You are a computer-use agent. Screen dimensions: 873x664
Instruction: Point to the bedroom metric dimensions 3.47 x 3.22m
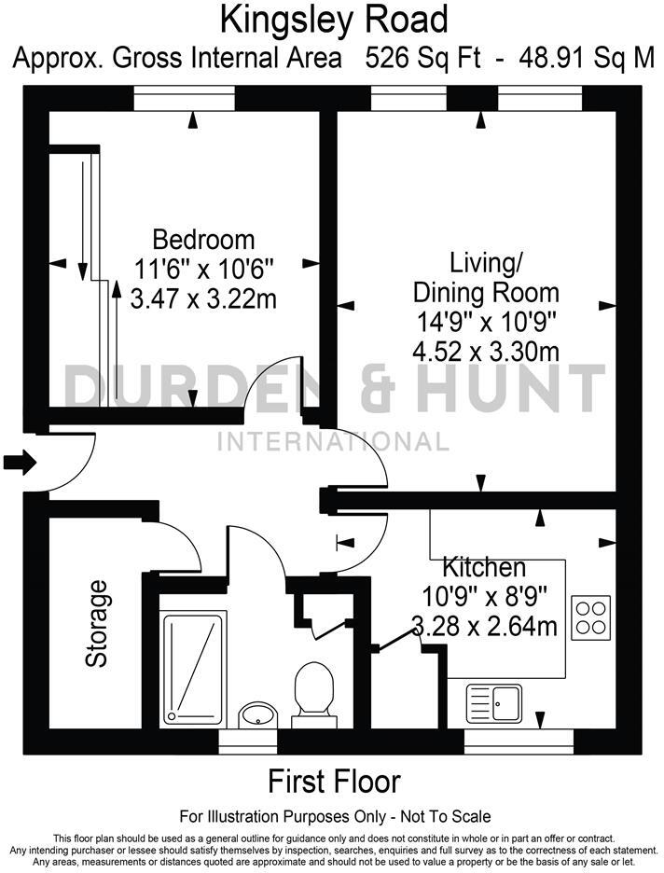click(x=204, y=299)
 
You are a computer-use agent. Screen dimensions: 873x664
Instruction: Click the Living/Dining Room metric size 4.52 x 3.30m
click(x=485, y=352)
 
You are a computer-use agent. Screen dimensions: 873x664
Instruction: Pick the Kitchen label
click(x=483, y=567)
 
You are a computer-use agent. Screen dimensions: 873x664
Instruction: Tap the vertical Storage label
click(x=97, y=624)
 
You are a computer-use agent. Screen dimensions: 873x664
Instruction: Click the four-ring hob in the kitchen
click(x=590, y=617)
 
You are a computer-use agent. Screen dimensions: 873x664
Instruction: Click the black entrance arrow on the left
click(x=18, y=461)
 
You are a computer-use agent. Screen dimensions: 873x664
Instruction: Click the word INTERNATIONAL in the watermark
click(x=333, y=441)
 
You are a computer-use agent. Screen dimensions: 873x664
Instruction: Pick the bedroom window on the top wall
click(x=193, y=97)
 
